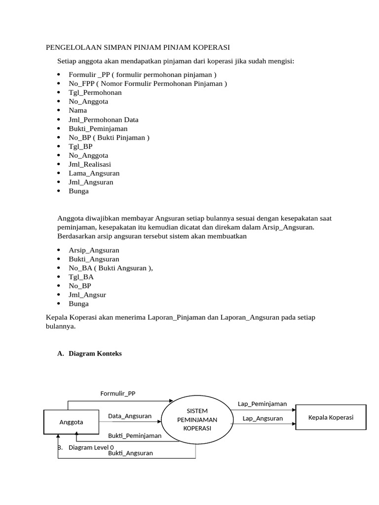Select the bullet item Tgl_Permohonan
(x=95, y=92)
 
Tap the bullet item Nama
(x=78, y=110)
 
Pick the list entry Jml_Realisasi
(x=90, y=164)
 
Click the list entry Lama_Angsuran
(x=94, y=173)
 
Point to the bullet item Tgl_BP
(x=81, y=146)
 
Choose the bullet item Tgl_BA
(x=81, y=277)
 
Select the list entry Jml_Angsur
(x=87, y=295)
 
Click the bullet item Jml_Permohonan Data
(x=104, y=119)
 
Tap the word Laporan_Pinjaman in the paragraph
(x=174, y=318)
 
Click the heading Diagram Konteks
(x=95, y=354)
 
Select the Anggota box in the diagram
(x=71, y=422)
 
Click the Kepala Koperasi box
(x=331, y=417)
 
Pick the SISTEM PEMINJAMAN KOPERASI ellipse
(x=197, y=419)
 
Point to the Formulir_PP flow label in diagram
(x=118, y=393)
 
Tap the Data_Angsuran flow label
(x=130, y=416)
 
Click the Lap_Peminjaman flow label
(x=262, y=404)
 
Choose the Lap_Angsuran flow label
(x=263, y=419)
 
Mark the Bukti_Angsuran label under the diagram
(x=130, y=453)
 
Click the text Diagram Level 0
(x=91, y=447)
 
